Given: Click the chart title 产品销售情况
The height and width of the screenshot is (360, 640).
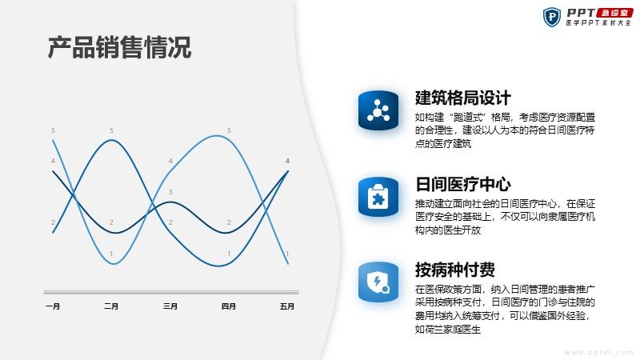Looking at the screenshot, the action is [119, 48].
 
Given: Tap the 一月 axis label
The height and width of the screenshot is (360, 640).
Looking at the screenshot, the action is [53, 306].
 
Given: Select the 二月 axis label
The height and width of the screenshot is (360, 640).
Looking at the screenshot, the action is [111, 306].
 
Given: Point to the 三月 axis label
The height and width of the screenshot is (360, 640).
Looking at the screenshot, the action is [170, 306].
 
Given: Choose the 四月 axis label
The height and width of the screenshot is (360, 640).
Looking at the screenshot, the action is [229, 306].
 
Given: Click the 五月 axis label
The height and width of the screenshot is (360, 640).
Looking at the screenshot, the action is [287, 306].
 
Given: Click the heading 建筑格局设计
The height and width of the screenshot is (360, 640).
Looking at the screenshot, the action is [463, 98].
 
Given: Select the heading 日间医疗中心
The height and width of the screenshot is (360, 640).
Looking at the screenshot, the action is [463, 184].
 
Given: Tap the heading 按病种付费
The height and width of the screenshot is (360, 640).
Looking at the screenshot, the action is [455, 270].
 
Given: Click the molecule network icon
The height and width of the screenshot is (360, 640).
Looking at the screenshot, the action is [378, 110].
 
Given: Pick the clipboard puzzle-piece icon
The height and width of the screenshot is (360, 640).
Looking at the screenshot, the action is [378, 197].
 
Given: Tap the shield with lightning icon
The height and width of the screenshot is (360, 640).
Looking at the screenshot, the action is [378, 282].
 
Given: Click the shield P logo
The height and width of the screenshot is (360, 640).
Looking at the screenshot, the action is [552, 17].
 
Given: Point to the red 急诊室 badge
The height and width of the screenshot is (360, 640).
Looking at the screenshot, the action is [614, 13].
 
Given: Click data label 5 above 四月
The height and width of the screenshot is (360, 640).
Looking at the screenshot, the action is [229, 130].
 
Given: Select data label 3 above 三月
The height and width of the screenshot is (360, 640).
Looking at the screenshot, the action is [170, 192].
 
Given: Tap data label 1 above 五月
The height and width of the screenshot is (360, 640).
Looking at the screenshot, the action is [287, 254].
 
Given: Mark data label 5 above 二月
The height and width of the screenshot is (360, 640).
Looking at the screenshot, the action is [111, 130].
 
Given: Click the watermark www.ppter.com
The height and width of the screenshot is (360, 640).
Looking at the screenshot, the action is [598, 352].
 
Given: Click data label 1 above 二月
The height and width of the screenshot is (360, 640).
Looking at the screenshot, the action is [111, 254].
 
